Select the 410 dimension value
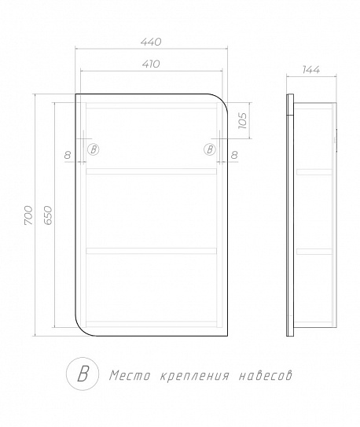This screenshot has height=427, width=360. coord(152,64)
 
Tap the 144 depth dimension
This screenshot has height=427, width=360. coord(311,70)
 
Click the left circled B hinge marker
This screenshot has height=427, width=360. coord(94,149)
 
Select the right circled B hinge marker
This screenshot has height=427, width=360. coord(210,149)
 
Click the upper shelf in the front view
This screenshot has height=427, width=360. coord(150,170)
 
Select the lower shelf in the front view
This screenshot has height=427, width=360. coord(150,251)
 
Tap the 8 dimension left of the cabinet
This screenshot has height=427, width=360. coord(70,155)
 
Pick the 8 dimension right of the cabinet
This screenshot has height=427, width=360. coord(235,155)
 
